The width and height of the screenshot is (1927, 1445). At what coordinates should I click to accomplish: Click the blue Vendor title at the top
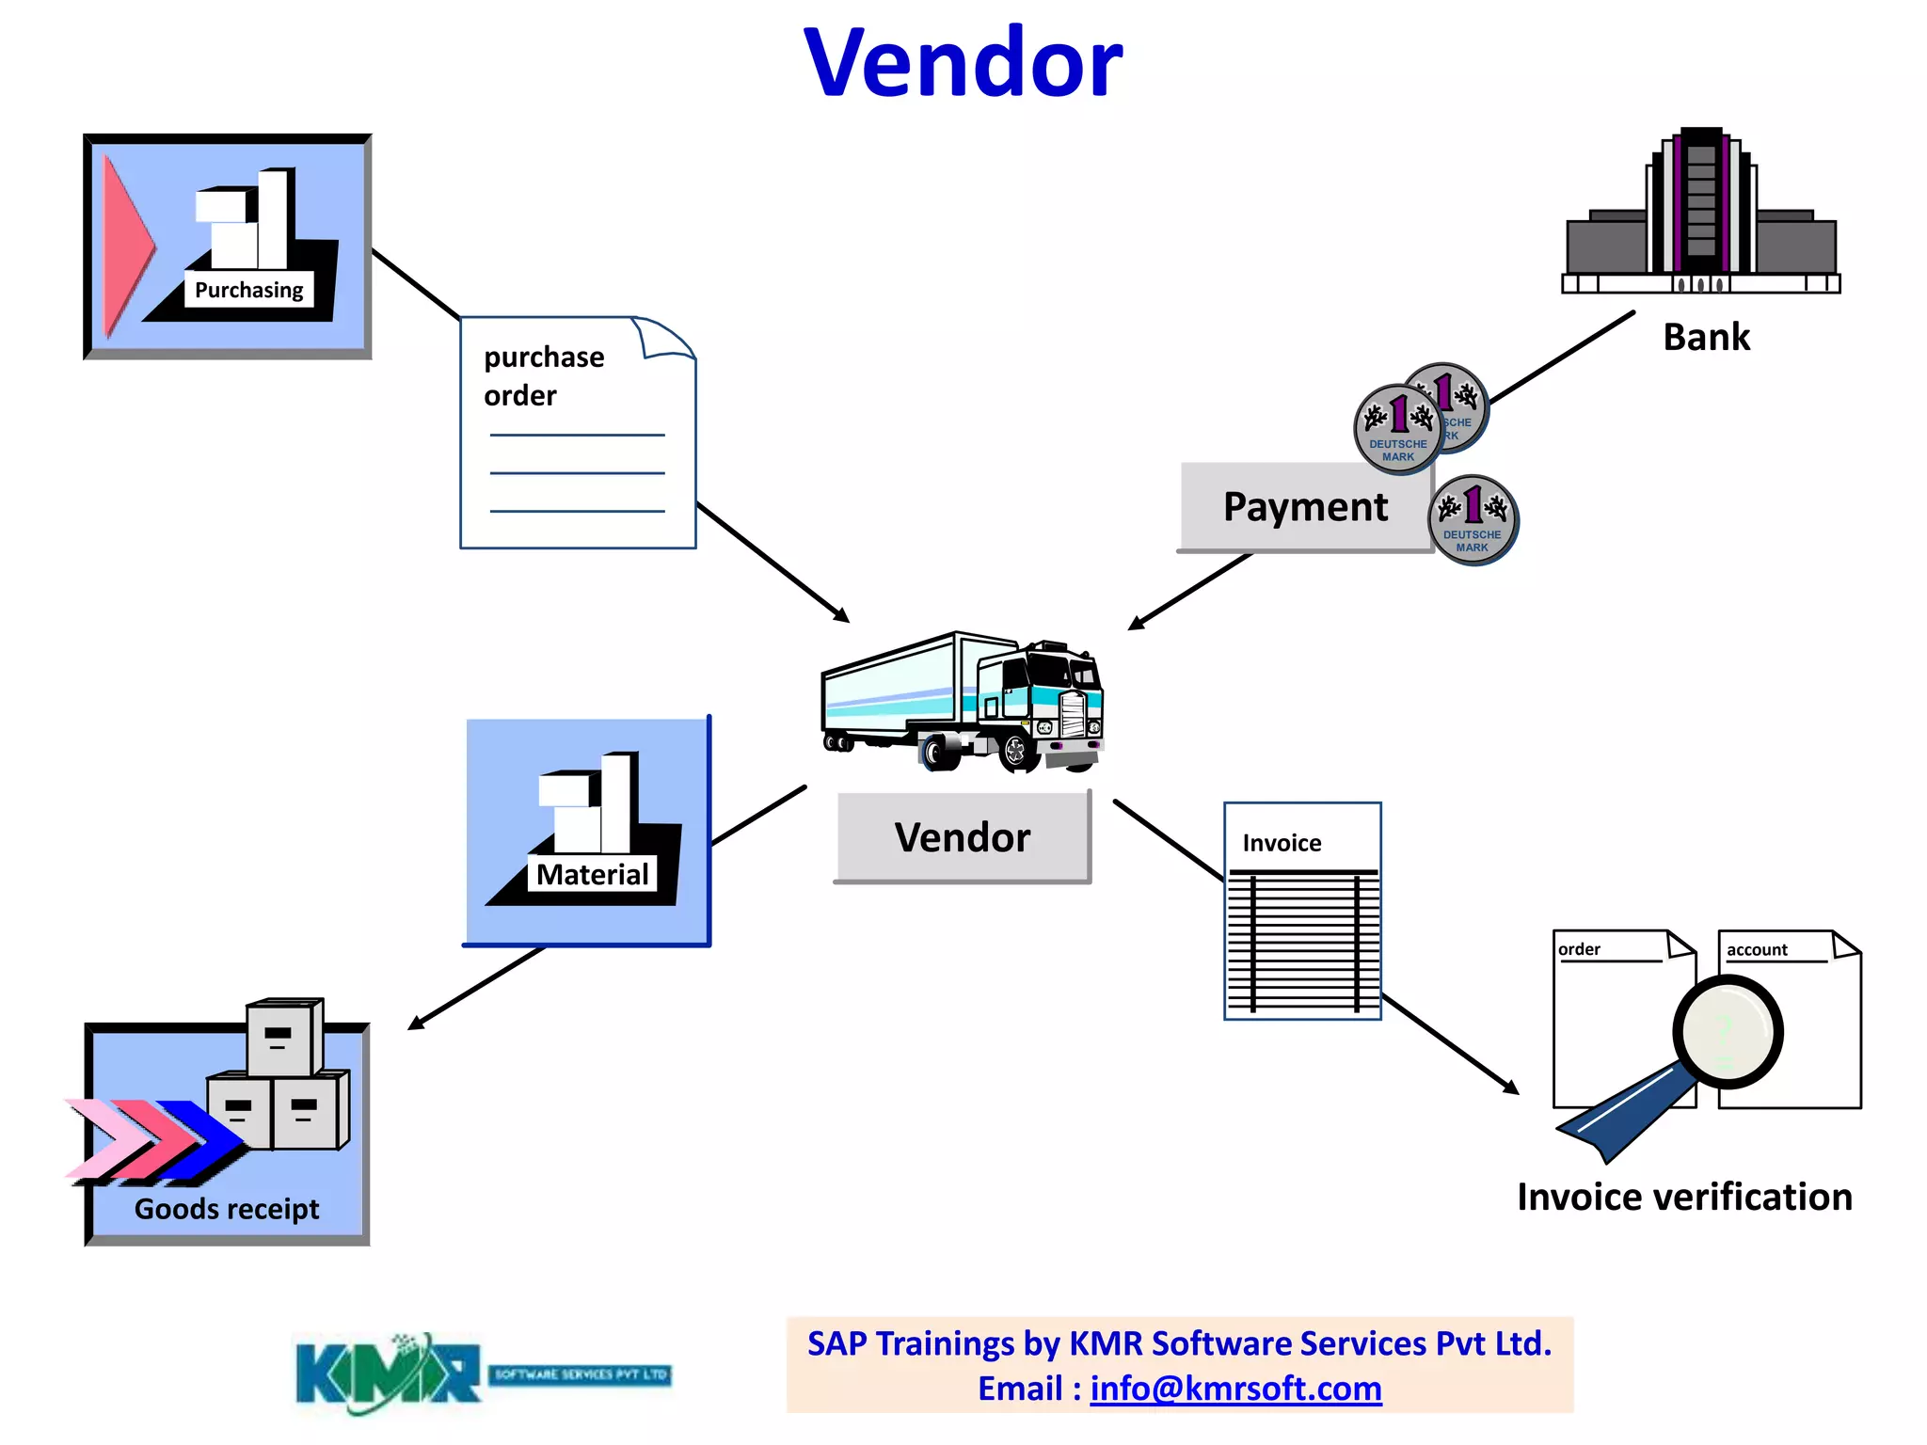tap(963, 64)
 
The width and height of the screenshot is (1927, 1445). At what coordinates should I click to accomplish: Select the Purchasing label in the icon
tap(248, 290)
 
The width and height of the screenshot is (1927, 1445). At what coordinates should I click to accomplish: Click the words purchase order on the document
tap(543, 375)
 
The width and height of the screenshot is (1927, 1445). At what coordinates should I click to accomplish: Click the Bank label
tap(1706, 337)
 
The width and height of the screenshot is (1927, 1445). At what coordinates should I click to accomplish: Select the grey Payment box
tap(1304, 507)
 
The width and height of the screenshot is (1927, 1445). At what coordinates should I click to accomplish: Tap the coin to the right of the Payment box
tap(1473, 520)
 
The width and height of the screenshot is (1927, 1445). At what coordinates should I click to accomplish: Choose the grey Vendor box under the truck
tap(963, 837)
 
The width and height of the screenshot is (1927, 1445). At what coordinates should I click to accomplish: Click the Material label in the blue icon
tap(592, 875)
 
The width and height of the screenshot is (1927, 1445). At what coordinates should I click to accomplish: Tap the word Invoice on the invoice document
tap(1282, 843)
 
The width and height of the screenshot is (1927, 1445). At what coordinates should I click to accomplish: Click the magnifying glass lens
tap(1728, 1032)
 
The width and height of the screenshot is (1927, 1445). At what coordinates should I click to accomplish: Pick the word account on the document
tap(1756, 950)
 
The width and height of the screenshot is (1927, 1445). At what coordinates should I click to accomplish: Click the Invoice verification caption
tap(1684, 1197)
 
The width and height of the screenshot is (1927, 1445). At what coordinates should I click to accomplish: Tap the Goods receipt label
tap(227, 1209)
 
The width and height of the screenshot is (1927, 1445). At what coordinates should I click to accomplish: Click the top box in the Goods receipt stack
tap(283, 1038)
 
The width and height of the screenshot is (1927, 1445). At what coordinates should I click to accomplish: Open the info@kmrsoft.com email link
tap(1235, 1389)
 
